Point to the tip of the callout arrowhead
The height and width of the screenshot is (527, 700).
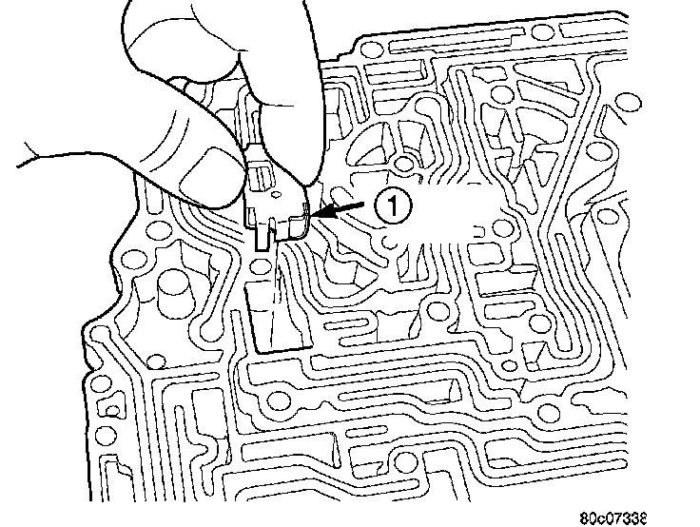click(314, 218)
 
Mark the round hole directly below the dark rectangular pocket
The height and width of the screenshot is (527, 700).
click(278, 400)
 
